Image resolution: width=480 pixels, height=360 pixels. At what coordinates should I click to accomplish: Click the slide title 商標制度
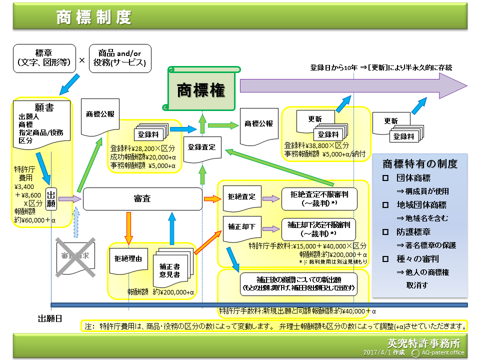click(94, 17)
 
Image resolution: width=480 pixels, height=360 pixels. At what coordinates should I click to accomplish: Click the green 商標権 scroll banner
click(201, 90)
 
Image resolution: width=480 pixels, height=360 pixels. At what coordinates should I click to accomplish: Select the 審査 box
click(142, 198)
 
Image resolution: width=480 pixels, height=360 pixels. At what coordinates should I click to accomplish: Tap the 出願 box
click(51, 199)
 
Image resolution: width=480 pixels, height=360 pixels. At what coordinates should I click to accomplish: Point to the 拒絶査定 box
click(241, 197)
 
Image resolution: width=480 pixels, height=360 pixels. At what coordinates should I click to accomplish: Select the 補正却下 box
click(241, 226)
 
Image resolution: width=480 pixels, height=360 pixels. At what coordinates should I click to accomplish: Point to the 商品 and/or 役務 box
click(119, 57)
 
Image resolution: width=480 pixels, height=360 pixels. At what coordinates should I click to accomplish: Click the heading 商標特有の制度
click(420, 164)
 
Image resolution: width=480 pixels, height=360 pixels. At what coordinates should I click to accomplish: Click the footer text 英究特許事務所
click(423, 344)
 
